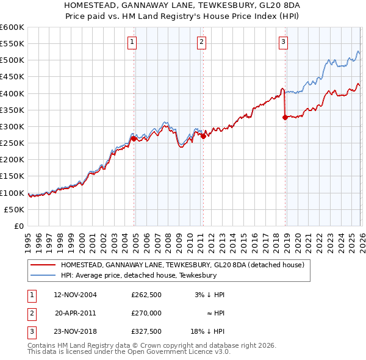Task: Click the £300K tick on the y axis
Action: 12,126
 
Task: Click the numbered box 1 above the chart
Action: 132,42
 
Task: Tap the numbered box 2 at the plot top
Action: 201,42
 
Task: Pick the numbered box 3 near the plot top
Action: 284,42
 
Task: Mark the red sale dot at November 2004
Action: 134,139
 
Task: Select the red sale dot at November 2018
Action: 285,117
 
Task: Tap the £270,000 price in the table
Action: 146,312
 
